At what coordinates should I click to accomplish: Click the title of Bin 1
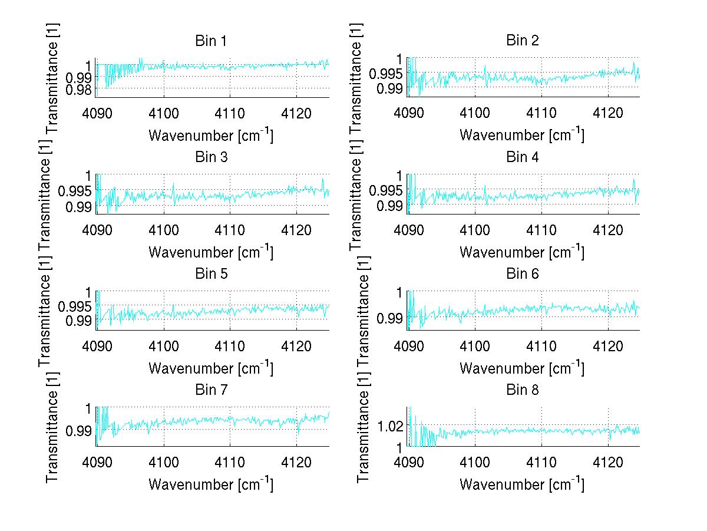coord(211,41)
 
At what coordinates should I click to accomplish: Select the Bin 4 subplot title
coord(522,157)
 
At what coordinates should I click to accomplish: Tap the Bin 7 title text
coord(211,390)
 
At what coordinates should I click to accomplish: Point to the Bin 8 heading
coord(522,390)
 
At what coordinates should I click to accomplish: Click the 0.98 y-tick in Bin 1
coord(78,89)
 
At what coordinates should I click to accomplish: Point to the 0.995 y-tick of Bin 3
coord(75,191)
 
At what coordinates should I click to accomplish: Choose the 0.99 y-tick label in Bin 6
coord(390,318)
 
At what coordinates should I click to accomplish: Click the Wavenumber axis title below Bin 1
coord(211,135)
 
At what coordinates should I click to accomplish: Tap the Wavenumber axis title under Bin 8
coord(522,484)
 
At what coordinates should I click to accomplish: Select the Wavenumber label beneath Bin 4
coord(522,252)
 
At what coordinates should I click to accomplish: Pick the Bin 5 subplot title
coord(211,274)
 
